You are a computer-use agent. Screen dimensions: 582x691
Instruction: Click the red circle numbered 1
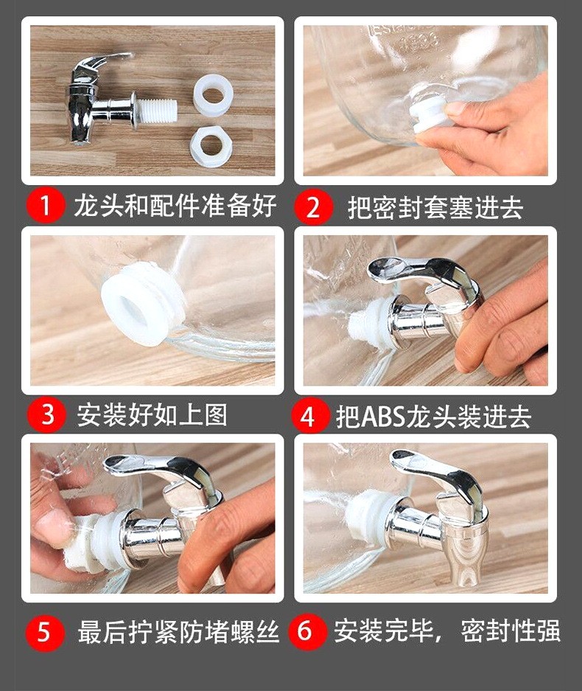(x=46, y=204)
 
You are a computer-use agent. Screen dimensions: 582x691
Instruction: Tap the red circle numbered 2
(x=312, y=206)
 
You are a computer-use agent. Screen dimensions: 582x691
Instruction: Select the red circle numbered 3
(x=46, y=414)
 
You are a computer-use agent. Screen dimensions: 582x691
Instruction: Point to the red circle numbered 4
(x=309, y=415)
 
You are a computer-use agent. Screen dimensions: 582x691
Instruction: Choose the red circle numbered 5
(x=45, y=633)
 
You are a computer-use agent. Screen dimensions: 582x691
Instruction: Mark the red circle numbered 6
(x=307, y=631)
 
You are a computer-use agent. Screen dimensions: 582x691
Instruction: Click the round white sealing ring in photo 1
(x=213, y=96)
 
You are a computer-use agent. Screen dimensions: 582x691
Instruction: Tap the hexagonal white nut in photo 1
(x=211, y=146)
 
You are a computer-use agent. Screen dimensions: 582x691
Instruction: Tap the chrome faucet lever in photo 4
(x=418, y=270)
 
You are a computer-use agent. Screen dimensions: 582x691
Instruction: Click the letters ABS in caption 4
(x=382, y=417)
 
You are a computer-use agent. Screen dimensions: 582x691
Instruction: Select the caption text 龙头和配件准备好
(x=175, y=205)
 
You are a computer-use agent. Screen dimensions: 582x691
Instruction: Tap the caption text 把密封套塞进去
(x=435, y=207)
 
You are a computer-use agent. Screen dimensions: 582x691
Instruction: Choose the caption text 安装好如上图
(x=152, y=415)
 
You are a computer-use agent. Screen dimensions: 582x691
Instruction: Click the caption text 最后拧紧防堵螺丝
(x=178, y=633)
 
